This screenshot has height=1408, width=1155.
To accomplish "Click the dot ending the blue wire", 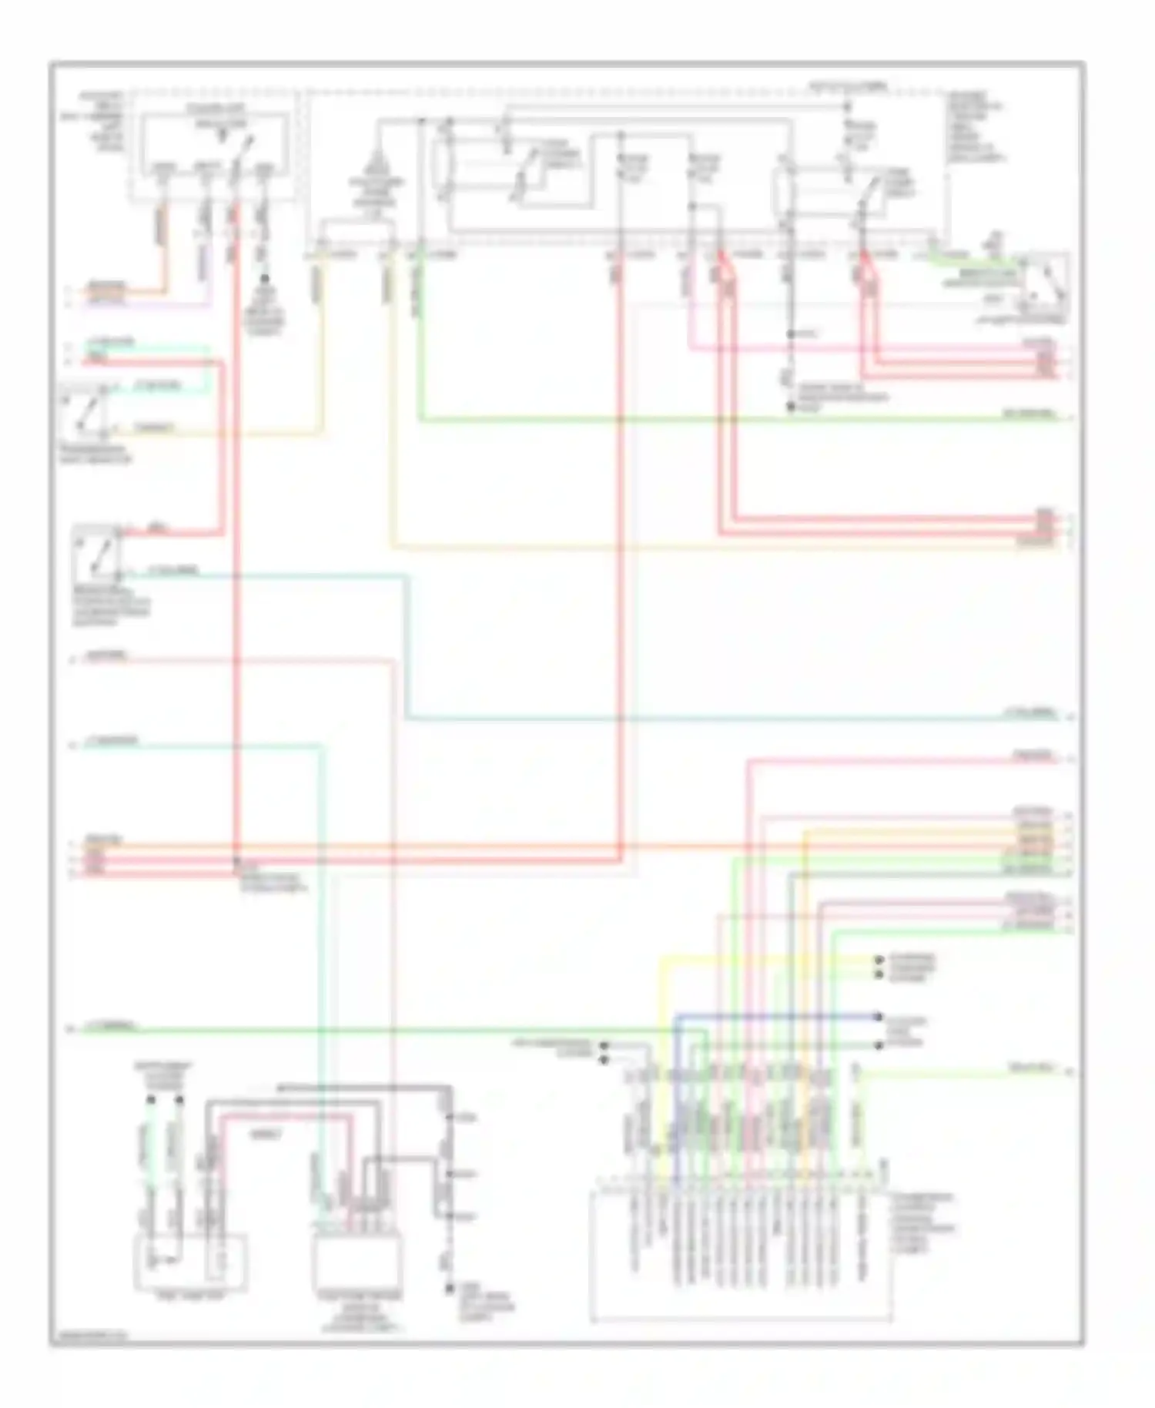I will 878,1016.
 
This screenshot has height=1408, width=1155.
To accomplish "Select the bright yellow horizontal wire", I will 770,960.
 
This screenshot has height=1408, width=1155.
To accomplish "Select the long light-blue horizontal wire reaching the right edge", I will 731,719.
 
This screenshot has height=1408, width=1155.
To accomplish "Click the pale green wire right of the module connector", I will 962,1072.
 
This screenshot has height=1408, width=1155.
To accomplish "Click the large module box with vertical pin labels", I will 739,1255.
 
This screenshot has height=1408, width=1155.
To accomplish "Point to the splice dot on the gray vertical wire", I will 791,334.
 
